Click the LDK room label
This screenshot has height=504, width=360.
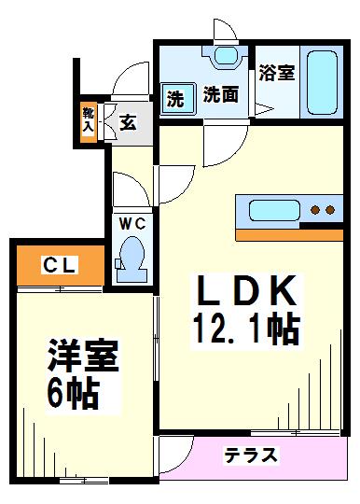tap(247, 292)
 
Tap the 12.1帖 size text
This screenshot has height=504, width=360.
tap(247, 329)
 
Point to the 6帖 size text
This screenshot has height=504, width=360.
tap(74, 395)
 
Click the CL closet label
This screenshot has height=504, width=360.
tap(57, 266)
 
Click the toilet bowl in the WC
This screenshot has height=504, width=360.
tap(130, 254)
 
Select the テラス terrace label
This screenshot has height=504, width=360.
tap(251, 455)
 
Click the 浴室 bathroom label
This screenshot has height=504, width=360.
tap(277, 72)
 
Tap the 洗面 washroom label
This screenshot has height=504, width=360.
tap(222, 95)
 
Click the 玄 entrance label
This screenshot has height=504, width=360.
tap(128, 120)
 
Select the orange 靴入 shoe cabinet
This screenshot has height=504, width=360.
tap(87, 119)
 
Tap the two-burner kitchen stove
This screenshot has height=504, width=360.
tap(322, 209)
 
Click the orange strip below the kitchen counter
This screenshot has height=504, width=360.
tap(289, 233)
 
